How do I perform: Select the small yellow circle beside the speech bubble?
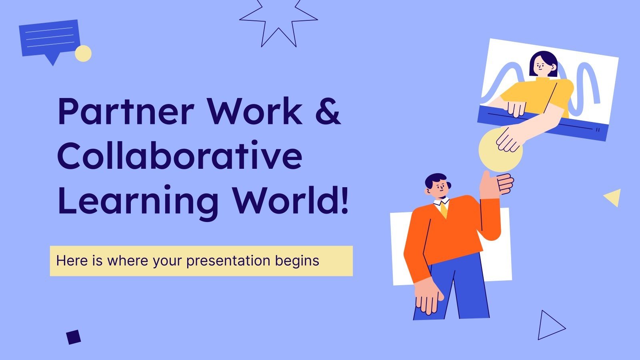83,53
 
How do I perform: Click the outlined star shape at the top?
278,22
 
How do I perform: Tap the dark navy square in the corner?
74,337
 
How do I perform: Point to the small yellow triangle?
614,197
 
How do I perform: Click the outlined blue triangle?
549,326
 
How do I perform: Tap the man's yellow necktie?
444,210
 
